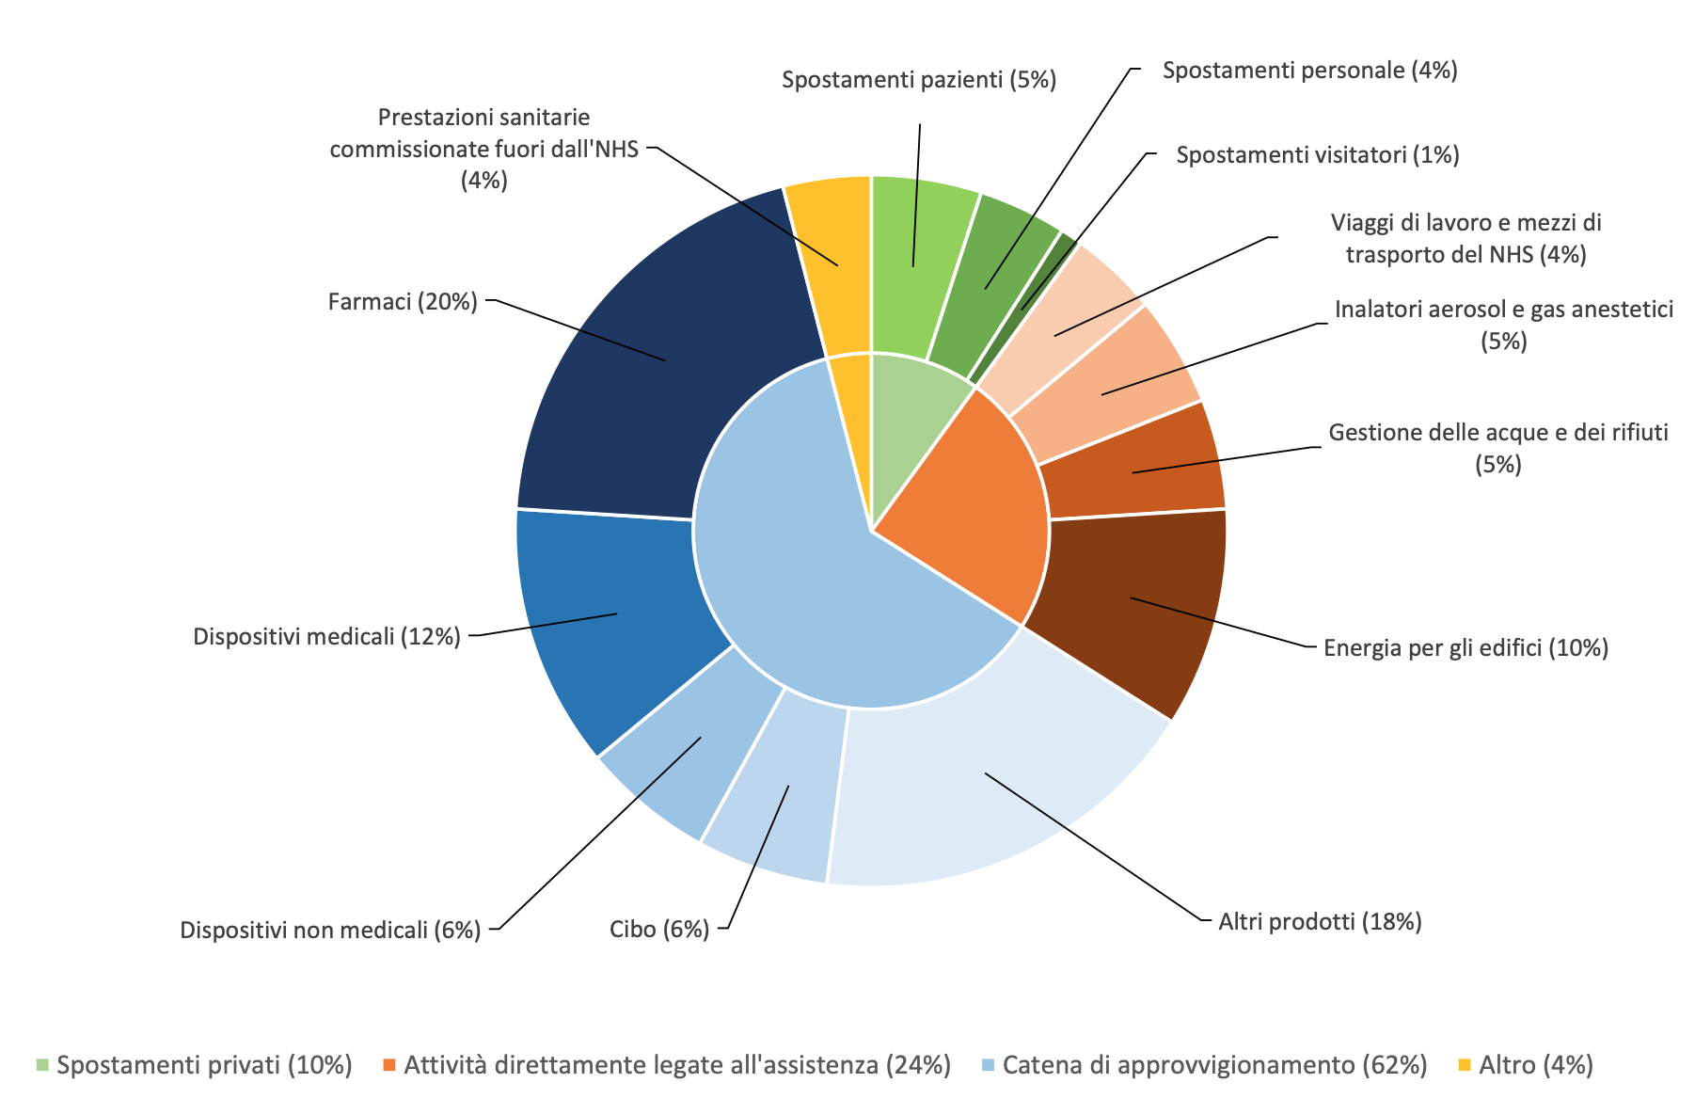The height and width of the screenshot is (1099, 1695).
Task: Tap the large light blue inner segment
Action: (809, 583)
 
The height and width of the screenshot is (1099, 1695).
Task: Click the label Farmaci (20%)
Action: (403, 302)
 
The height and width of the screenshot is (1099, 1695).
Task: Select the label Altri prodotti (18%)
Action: (1320, 921)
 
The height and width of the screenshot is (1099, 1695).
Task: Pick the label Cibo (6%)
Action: (659, 930)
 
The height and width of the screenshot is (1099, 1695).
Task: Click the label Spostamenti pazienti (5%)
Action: (919, 80)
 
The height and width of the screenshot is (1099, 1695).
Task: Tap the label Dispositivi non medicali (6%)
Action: (330, 931)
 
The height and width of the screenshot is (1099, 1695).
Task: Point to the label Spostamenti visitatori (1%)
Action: (1317, 155)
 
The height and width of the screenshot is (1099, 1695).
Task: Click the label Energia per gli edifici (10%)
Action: (1465, 647)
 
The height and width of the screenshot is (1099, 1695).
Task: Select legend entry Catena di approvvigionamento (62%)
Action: (1214, 1065)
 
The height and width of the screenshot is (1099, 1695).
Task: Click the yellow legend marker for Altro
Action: (1464, 1065)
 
